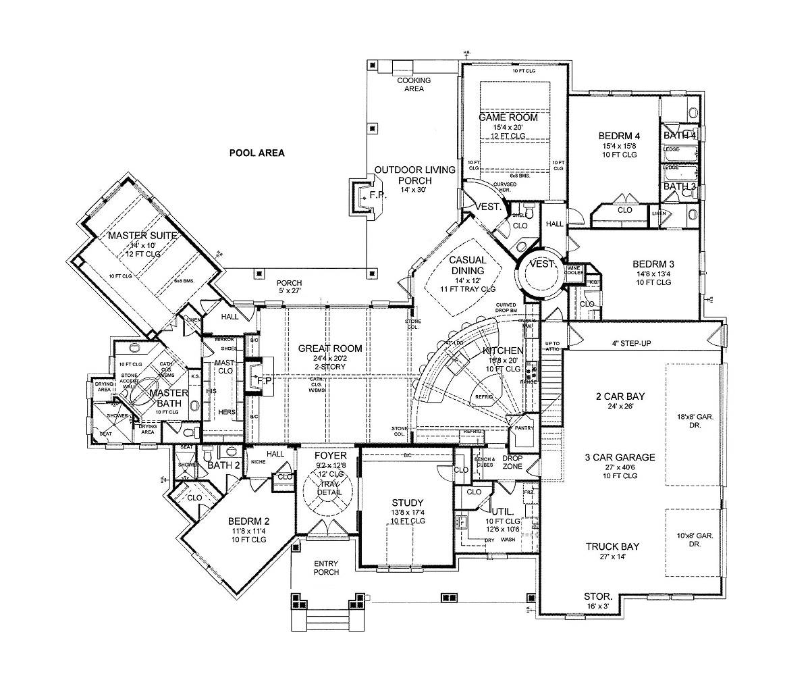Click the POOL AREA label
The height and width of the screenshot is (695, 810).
(256, 153)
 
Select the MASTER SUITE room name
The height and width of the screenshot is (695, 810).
(142, 236)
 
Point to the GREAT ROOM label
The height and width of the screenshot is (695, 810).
(330, 349)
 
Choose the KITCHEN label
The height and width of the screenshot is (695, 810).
(503, 351)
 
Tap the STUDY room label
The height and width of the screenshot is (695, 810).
(408, 503)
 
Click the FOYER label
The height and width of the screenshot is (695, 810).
(331, 456)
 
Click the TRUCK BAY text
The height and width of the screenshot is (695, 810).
(612, 546)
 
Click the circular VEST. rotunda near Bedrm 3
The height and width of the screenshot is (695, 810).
(543, 264)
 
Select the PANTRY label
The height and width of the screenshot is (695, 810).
(523, 428)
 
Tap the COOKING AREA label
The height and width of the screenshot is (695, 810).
(413, 84)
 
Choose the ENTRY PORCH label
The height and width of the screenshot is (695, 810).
(326, 568)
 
